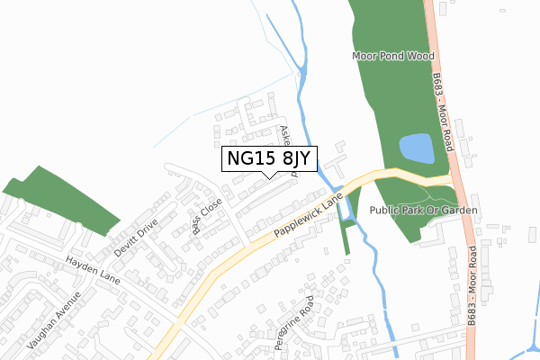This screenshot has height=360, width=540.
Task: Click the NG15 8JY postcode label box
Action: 268,158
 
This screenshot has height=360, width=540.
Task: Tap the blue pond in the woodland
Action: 416,148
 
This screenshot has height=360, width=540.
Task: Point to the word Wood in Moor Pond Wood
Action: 421,56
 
